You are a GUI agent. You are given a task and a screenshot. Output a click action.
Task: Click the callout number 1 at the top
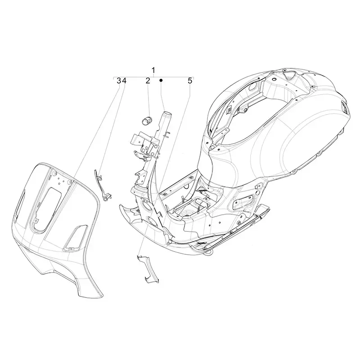click(x=153, y=70)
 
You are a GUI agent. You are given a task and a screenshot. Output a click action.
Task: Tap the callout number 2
click(x=148, y=81)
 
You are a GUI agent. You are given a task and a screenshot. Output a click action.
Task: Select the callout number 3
click(x=119, y=81)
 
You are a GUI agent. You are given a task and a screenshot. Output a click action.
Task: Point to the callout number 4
click(x=124, y=81)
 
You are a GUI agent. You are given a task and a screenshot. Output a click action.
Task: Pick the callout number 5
click(x=190, y=81)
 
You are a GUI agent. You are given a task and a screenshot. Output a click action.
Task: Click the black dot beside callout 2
click(x=161, y=81)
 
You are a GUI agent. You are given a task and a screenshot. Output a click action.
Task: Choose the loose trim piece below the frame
click(x=146, y=269)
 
